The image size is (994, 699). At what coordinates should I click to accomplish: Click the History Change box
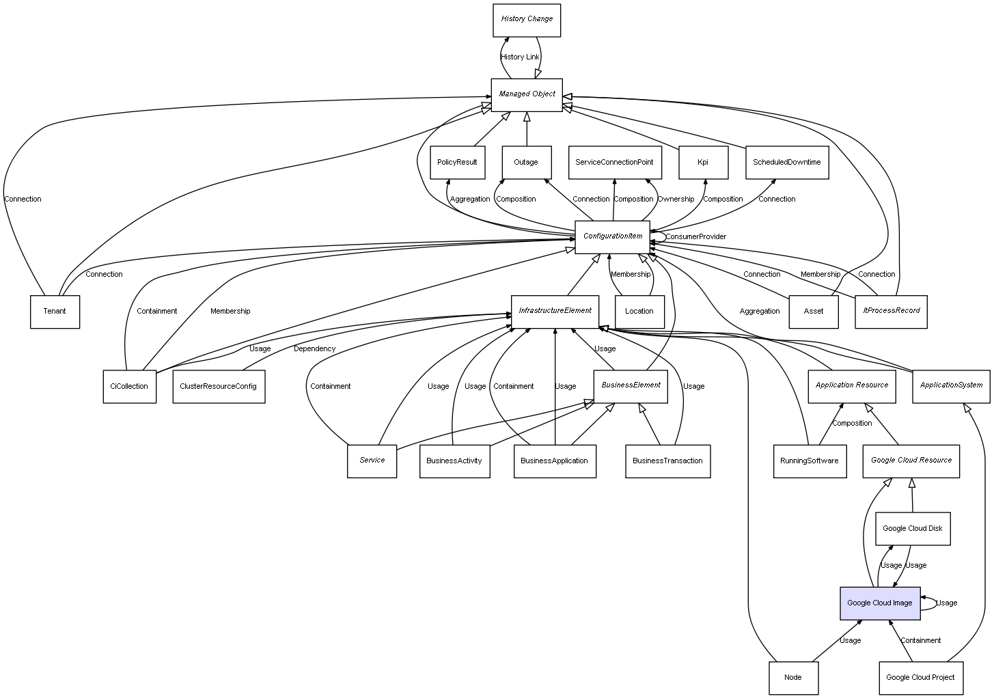pyautogui.click(x=526, y=20)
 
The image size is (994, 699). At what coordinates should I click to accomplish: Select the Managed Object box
pyautogui.click(x=526, y=95)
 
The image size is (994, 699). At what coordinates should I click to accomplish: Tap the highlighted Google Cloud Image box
pyautogui.click(x=880, y=603)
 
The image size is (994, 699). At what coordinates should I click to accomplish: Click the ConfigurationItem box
pyautogui.click(x=612, y=236)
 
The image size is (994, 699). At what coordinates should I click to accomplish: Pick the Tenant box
pyautogui.click(x=55, y=312)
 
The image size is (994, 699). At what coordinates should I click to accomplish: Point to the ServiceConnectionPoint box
pyautogui.click(x=614, y=163)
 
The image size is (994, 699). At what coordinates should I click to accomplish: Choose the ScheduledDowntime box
pyautogui.click(x=786, y=163)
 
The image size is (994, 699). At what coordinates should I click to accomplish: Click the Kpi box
pyautogui.click(x=703, y=163)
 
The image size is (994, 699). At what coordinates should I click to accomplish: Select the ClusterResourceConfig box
pyautogui.click(x=218, y=387)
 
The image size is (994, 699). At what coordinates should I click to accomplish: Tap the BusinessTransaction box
pyautogui.click(x=667, y=461)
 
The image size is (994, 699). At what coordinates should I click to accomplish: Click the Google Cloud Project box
pyautogui.click(x=920, y=678)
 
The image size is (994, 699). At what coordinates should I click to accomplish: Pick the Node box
pyautogui.click(x=792, y=678)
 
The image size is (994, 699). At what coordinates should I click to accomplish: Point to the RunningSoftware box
pyautogui.click(x=809, y=461)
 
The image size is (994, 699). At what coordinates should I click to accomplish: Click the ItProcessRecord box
pyautogui.click(x=891, y=312)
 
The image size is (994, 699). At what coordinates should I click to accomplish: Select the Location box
pyautogui.click(x=639, y=312)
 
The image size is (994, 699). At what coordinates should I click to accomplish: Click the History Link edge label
pyautogui.click(x=520, y=57)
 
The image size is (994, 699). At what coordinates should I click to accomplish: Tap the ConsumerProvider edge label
pyautogui.click(x=695, y=237)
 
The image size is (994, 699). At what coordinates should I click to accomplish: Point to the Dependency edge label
pyautogui.click(x=314, y=349)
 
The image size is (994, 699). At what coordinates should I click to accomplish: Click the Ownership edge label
pyautogui.click(x=676, y=200)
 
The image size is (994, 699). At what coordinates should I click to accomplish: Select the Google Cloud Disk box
pyautogui.click(x=912, y=529)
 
